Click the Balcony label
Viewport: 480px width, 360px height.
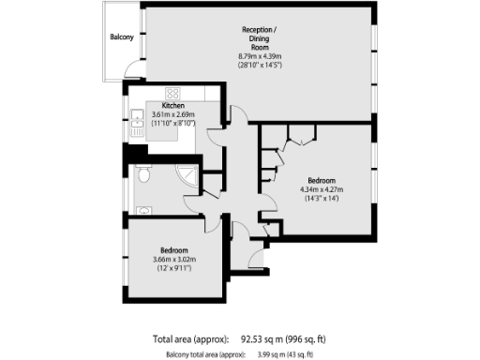pyautogui.click(x=120, y=37)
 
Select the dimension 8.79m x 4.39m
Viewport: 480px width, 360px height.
pyautogui.click(x=261, y=56)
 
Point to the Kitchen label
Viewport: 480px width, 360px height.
pyautogui.click(x=172, y=106)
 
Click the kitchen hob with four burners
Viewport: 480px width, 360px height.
pyautogui.click(x=172, y=92)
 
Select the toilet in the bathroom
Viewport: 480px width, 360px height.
pyautogui.click(x=142, y=175)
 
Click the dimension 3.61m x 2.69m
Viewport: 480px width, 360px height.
pyautogui.click(x=172, y=114)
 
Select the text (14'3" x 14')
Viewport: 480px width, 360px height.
pyautogui.click(x=321, y=198)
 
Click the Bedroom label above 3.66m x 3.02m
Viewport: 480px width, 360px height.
pyautogui.click(x=174, y=250)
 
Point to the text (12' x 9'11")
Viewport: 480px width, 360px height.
pyautogui.click(x=174, y=269)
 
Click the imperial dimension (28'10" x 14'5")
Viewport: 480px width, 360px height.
pyautogui.click(x=261, y=65)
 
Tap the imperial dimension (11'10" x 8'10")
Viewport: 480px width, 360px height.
pyautogui.click(x=172, y=123)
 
